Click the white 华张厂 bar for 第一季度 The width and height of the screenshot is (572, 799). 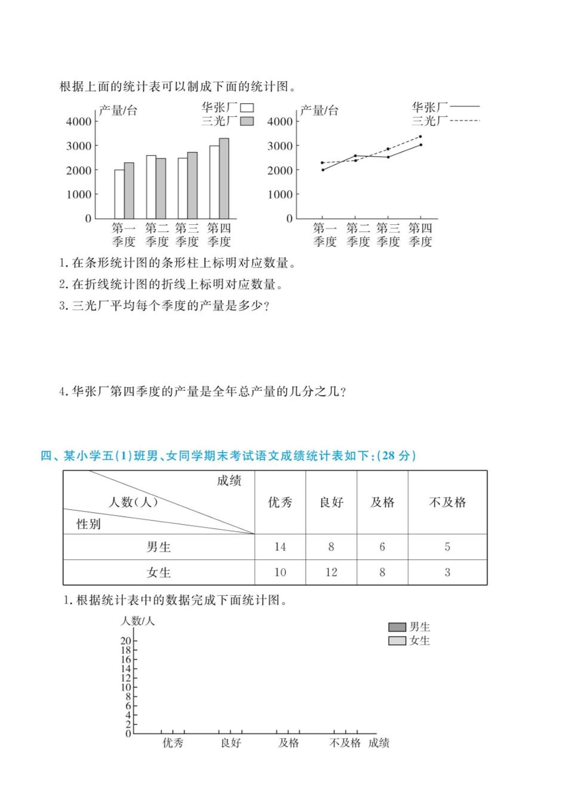[119, 194]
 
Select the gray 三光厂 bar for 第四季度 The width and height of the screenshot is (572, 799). [224, 178]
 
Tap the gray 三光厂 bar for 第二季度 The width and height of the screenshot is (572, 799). [161, 188]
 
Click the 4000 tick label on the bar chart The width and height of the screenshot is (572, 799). [79, 122]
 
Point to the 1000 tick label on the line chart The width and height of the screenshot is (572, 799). [280, 194]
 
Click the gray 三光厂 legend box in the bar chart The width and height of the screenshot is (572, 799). [247, 121]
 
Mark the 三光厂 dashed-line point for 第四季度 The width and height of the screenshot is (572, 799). [420, 137]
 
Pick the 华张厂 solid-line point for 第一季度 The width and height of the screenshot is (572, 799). [323, 170]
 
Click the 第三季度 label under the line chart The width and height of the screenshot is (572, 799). [388, 235]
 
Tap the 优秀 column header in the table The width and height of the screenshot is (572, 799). [280, 502]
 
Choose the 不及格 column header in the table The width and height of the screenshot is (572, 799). [447, 502]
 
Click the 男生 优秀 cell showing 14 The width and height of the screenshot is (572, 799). [280, 547]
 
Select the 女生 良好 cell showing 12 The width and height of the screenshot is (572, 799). [331, 572]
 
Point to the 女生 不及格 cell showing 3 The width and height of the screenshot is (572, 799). [447, 572]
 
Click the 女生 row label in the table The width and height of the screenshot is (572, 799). [159, 572]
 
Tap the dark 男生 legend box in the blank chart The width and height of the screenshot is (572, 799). [397, 627]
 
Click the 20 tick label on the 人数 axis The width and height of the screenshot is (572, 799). [125, 641]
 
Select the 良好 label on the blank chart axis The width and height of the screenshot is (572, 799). [230, 743]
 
